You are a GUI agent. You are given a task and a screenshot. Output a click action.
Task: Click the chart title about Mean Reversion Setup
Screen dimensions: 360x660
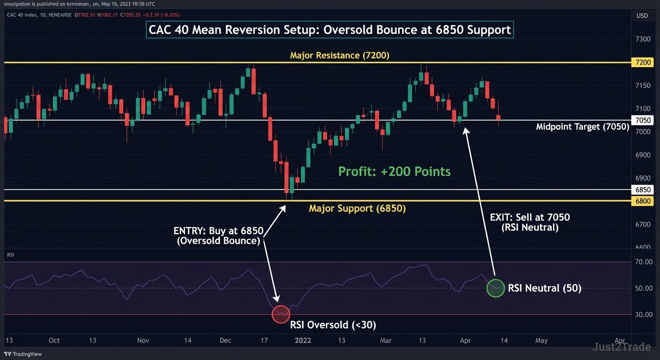(x=330, y=30)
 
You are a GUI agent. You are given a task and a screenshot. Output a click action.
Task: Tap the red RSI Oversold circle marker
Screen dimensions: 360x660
(x=281, y=314)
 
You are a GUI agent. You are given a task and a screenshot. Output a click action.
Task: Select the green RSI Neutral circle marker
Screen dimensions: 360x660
(x=495, y=288)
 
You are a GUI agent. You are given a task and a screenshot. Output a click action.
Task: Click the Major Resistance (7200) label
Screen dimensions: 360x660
(x=339, y=55)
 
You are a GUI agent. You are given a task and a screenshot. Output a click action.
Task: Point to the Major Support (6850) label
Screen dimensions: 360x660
(x=357, y=208)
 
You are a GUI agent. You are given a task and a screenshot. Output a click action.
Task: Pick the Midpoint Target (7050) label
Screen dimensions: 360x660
(x=583, y=127)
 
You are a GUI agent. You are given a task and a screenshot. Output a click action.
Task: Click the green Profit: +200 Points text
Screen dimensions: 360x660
(x=394, y=172)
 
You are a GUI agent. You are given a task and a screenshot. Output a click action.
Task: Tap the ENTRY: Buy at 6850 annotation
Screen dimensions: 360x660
(x=218, y=235)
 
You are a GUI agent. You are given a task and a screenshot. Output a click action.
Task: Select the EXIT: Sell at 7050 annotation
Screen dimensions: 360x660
(x=530, y=222)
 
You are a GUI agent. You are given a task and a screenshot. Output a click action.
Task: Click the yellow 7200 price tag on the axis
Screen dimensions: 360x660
(x=642, y=62)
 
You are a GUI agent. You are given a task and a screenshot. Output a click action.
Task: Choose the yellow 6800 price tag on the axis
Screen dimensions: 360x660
(x=642, y=201)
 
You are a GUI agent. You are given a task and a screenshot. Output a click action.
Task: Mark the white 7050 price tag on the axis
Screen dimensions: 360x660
(x=642, y=120)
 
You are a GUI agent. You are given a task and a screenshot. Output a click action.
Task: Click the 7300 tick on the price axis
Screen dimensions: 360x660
(x=643, y=39)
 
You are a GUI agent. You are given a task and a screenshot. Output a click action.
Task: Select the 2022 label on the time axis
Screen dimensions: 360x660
(x=303, y=340)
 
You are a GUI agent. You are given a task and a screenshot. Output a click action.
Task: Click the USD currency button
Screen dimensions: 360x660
(x=642, y=15)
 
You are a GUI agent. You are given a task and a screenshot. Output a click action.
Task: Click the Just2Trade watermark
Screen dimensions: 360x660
(x=621, y=347)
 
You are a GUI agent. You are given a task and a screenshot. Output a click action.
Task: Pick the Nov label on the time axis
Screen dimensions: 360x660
(x=143, y=340)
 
